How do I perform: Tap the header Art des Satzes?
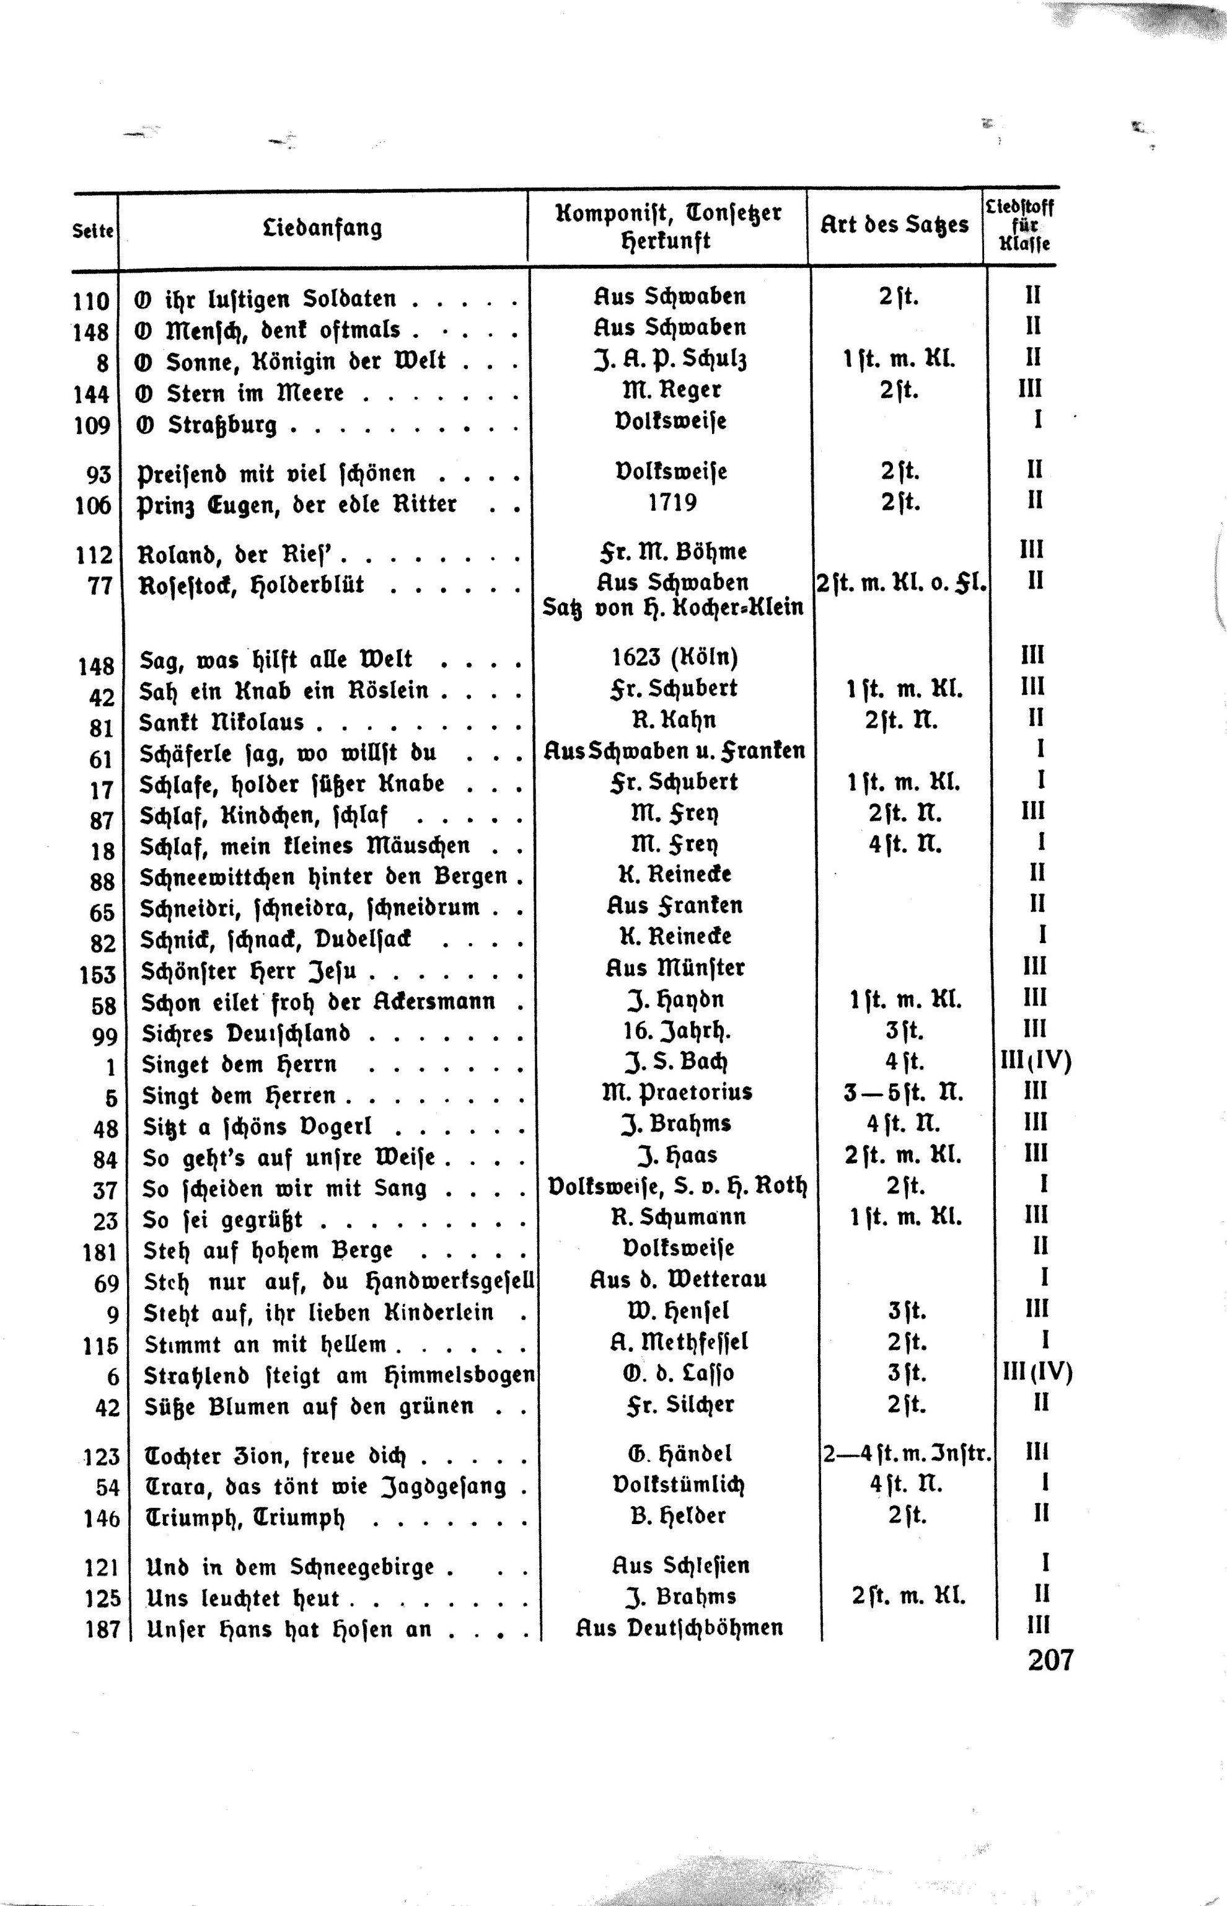(x=894, y=225)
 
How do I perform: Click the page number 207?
(x=1050, y=1660)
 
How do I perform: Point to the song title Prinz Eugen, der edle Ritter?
(x=297, y=505)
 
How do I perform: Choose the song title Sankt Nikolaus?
(x=221, y=722)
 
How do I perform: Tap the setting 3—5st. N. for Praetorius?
(x=903, y=1092)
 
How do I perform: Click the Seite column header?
(x=93, y=231)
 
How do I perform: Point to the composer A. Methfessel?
(x=678, y=1342)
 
